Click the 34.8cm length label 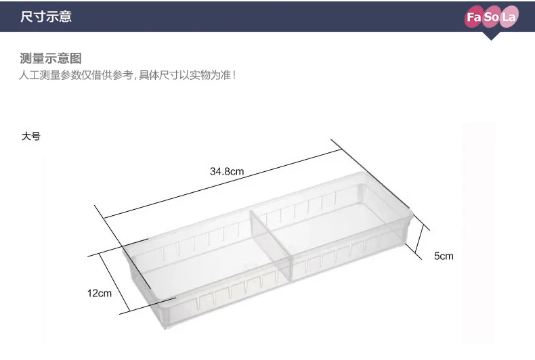tap(227, 172)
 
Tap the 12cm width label tap(99, 293)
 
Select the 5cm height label tap(444, 256)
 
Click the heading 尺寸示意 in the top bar tap(46, 16)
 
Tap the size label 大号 tap(30, 136)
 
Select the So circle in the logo tap(492, 17)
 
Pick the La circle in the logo tap(509, 17)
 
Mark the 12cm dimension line tap(115, 282)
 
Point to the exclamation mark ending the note tap(234, 75)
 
